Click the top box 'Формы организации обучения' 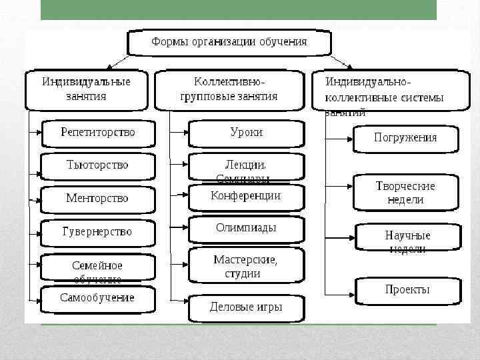pyautogui.click(x=229, y=42)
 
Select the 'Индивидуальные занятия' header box pyautogui.click(x=87, y=89)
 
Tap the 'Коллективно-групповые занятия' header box pyautogui.click(x=229, y=89)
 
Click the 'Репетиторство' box pyautogui.click(x=98, y=133)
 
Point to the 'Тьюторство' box pyautogui.click(x=98, y=165)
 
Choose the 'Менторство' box pyautogui.click(x=98, y=198)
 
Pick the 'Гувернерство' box pyautogui.click(x=98, y=232)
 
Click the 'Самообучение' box pyautogui.click(x=98, y=298)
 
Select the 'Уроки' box pyautogui.click(x=246, y=133)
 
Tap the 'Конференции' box pyautogui.click(x=246, y=196)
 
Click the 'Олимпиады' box pyautogui.click(x=246, y=228)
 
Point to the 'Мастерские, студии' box pyautogui.click(x=246, y=265)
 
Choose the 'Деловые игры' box pyautogui.click(x=246, y=307)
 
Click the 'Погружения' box pyautogui.click(x=405, y=138)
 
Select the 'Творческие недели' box pyautogui.click(x=405, y=193)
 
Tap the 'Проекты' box pyautogui.click(x=407, y=290)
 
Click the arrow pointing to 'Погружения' pyautogui.click(x=340, y=138)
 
